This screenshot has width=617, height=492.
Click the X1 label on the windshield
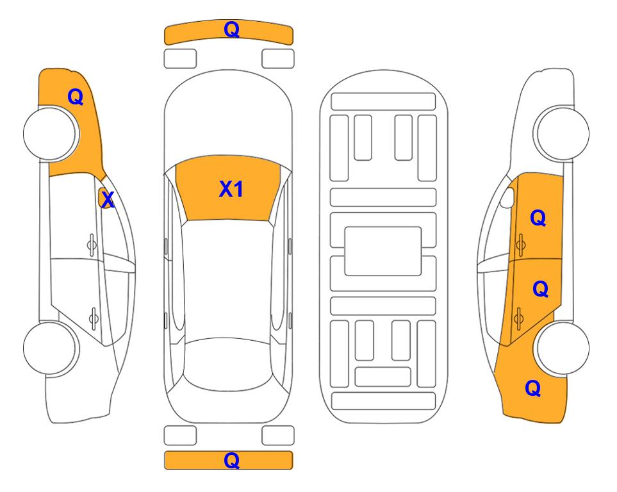(231, 189)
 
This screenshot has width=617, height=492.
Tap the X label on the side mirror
(107, 200)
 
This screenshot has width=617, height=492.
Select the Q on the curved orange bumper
(231, 29)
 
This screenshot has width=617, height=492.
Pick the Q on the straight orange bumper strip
(231, 460)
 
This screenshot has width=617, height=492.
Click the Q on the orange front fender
(75, 97)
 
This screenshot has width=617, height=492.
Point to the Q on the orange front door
(538, 218)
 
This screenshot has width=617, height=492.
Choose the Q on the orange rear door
(540, 289)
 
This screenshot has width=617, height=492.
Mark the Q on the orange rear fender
(533, 388)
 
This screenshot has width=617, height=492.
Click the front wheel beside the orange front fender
(50, 134)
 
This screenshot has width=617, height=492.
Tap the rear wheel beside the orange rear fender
(563, 348)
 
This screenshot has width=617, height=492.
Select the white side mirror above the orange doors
(507, 198)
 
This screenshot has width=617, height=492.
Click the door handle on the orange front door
(520, 245)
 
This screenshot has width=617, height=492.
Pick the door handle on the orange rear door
(518, 318)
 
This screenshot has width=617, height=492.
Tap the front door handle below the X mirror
(92, 245)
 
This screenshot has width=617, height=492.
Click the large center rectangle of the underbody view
(383, 251)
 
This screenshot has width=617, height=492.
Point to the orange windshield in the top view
(228, 188)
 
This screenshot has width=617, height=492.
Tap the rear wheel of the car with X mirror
(50, 348)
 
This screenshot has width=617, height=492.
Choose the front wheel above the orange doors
(563, 134)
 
